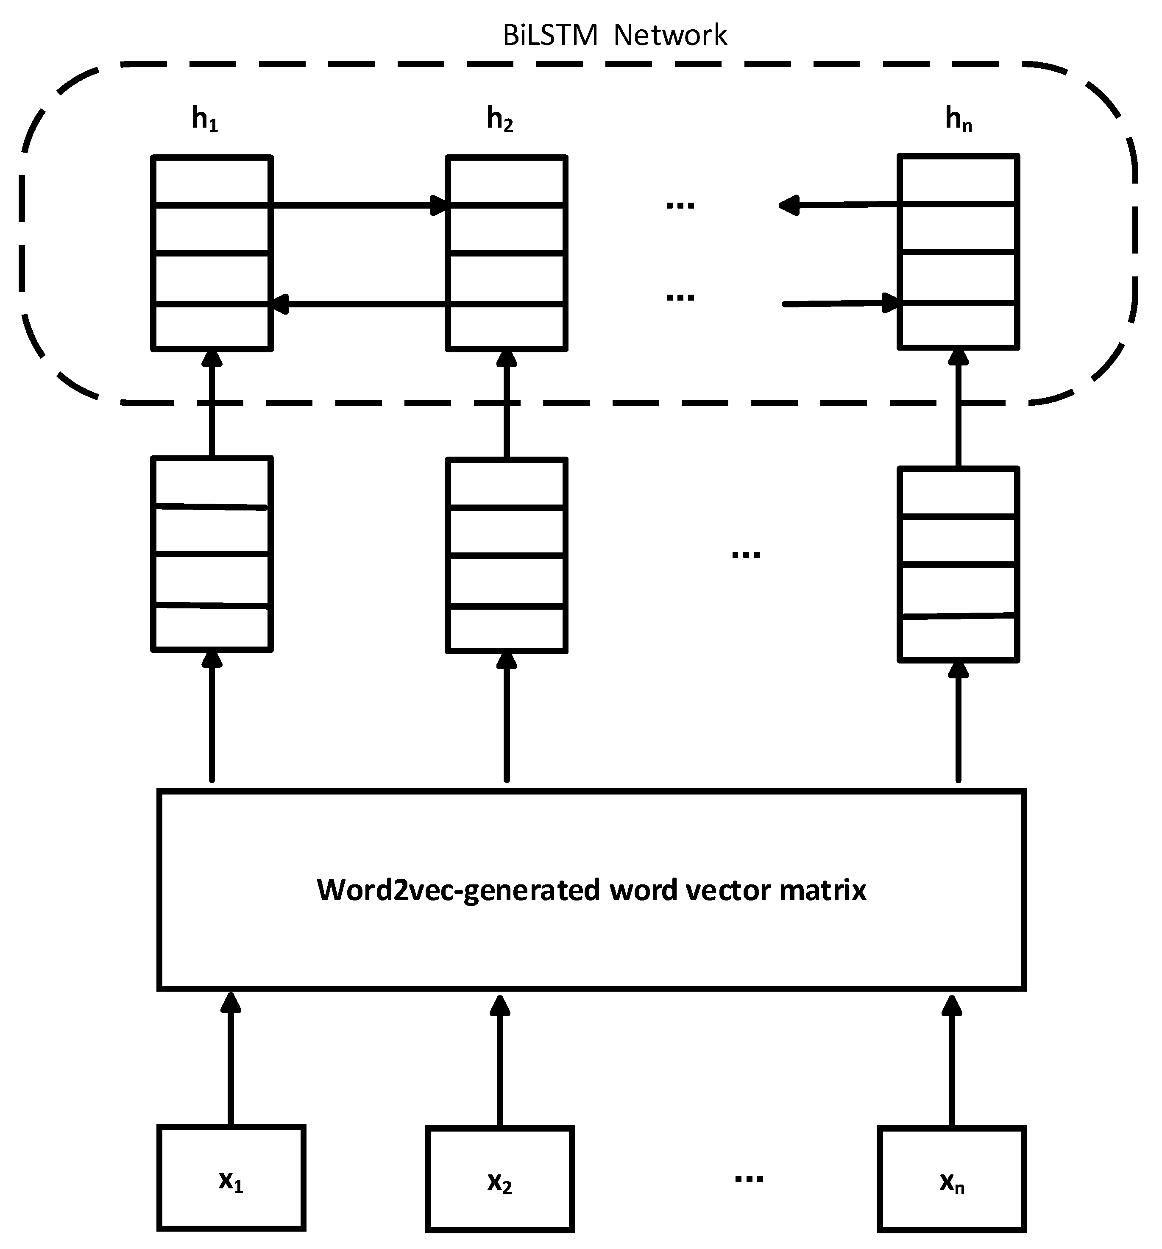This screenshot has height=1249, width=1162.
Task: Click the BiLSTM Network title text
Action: point(614,35)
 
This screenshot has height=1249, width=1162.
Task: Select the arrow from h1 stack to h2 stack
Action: point(358,205)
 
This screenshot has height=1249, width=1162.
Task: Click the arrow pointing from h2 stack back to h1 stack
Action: point(358,304)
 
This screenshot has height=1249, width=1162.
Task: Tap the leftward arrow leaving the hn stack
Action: point(839,204)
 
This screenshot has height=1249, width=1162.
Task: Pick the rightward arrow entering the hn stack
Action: point(839,304)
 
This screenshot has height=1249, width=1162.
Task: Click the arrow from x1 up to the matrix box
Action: point(231,1062)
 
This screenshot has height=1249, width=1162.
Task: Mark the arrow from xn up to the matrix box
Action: point(952,1062)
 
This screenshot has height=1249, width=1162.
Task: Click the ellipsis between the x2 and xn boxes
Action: point(749,1179)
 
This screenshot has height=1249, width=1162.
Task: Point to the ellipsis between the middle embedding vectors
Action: point(746,554)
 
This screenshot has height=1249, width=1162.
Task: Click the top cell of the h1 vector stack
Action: point(212,180)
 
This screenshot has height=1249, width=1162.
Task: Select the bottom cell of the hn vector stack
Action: point(958,325)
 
